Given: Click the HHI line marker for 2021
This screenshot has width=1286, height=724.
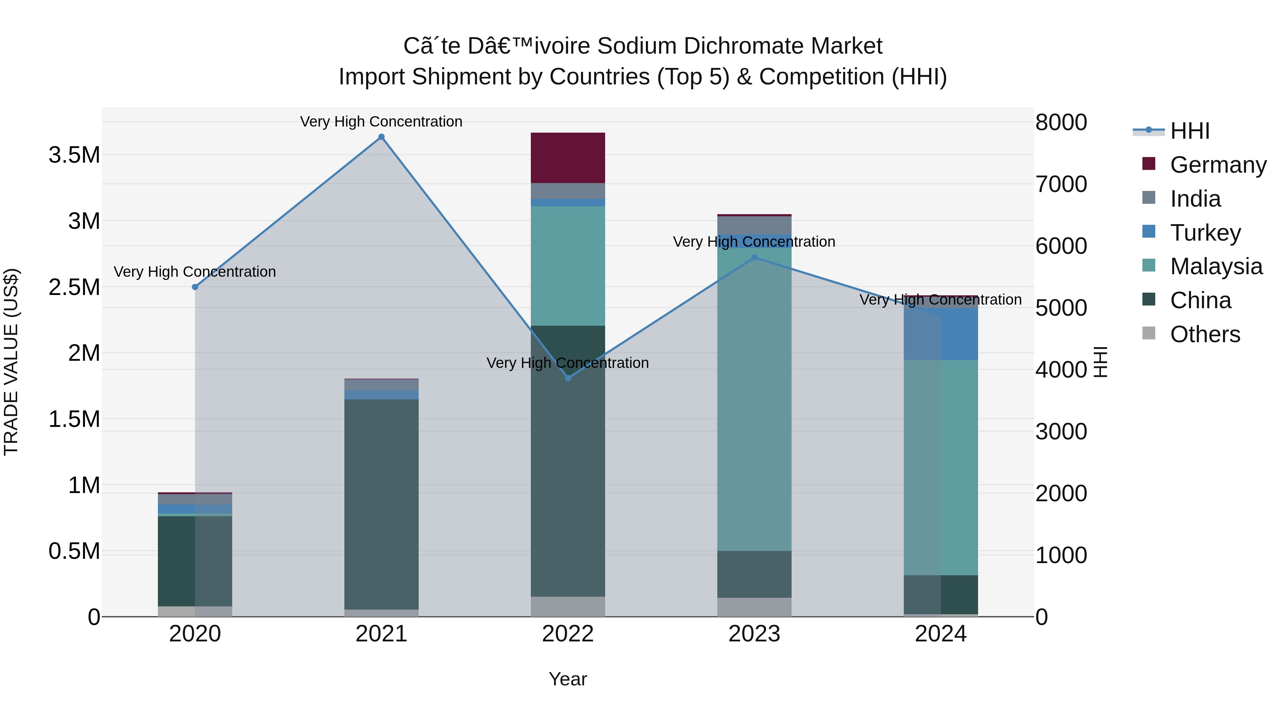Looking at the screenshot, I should pos(382,137).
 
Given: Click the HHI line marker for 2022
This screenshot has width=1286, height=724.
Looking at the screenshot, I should pos(568,378).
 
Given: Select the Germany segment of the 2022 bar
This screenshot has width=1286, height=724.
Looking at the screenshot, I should pos(568,158).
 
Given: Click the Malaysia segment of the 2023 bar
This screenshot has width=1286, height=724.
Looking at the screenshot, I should pos(754,400).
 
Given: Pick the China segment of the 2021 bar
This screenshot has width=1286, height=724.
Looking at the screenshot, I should pos(382,504).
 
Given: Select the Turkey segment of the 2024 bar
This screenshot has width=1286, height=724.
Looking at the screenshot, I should pos(941,334).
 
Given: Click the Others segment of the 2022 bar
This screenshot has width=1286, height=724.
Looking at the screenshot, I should pos(568,607).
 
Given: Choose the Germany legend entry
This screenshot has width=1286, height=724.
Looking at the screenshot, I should pos(1218,165).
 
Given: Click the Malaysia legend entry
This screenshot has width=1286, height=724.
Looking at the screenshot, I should pos(1216,266).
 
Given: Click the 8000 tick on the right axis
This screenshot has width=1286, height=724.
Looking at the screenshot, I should pos(1061,122).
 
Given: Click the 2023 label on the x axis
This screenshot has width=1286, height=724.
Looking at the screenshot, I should pos(754,634).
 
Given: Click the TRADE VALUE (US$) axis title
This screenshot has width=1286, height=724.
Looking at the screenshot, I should pos(11,362).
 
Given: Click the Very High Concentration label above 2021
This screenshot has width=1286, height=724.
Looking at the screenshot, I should pos(382,122).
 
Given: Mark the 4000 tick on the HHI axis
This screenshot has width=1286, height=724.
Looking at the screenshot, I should pos(1061,370).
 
